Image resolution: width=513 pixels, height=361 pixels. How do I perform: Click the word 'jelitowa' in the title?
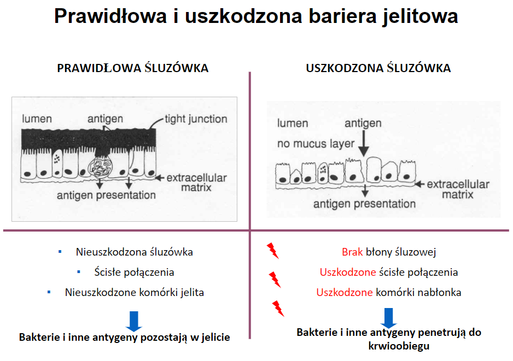[421, 16]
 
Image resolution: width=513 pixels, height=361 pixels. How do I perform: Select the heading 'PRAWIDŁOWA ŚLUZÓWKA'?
[133, 68]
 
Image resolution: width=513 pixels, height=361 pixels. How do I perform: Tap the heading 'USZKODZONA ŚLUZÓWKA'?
[378, 68]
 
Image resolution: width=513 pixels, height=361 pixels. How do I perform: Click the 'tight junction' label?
[196, 119]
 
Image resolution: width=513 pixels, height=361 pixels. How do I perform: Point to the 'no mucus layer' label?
[316, 144]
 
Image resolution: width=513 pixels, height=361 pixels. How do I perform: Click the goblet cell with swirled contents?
[101, 167]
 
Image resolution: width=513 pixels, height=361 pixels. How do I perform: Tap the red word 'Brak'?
[352, 252]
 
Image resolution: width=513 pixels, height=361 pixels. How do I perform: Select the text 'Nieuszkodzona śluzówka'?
[135, 252]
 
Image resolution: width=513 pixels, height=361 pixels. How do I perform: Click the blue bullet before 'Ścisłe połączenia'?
[79, 272]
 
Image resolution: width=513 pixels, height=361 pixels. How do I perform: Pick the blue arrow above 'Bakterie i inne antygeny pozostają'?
[134, 321]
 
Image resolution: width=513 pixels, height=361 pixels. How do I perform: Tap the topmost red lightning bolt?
[272, 251]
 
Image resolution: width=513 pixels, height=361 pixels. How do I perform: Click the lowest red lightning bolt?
[278, 309]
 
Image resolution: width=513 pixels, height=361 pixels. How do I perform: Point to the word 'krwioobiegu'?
[399, 346]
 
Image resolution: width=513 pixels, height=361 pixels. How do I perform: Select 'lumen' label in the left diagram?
[37, 119]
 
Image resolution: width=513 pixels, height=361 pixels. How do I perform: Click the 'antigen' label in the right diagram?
[363, 123]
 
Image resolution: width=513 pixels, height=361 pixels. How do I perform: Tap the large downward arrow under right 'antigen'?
[364, 144]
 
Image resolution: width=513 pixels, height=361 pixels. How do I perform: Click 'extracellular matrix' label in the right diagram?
[458, 189]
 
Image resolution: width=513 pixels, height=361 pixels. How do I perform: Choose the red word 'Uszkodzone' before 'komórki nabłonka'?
[344, 292]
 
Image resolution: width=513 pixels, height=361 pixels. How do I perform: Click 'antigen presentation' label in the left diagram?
[106, 195]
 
